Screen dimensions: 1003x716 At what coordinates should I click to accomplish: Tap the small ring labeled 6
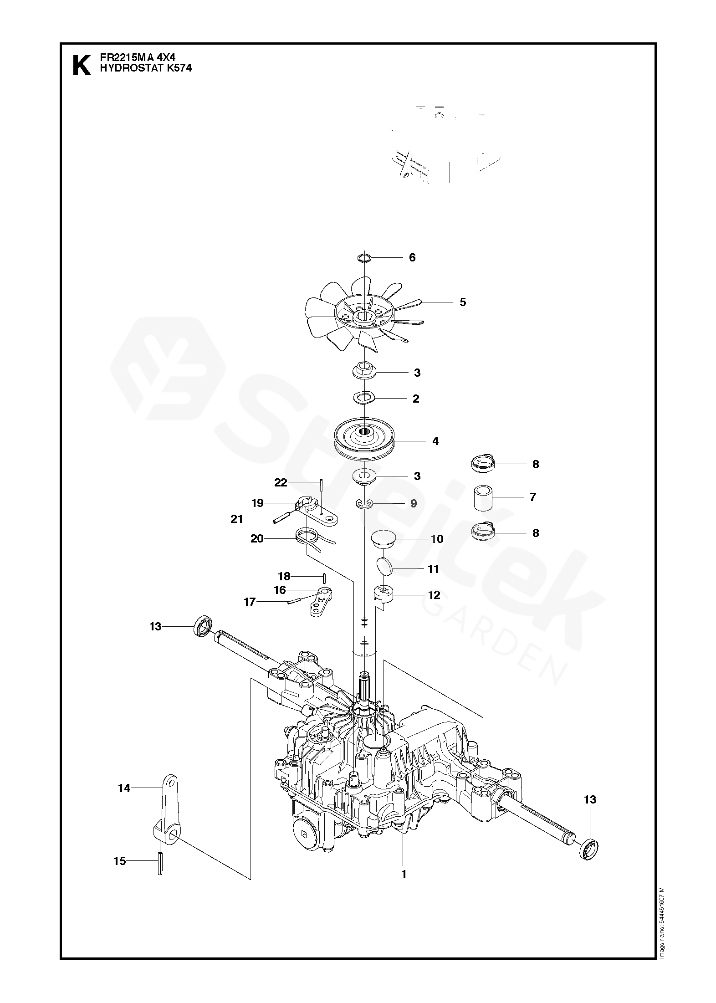[x=363, y=258]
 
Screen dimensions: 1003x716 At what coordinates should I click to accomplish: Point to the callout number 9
[x=414, y=503]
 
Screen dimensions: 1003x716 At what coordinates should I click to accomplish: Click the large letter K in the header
[x=82, y=65]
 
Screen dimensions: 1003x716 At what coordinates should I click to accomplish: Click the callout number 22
[x=281, y=482]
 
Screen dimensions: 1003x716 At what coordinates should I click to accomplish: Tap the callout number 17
[x=250, y=602]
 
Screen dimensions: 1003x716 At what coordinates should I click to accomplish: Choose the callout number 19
[x=258, y=503]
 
